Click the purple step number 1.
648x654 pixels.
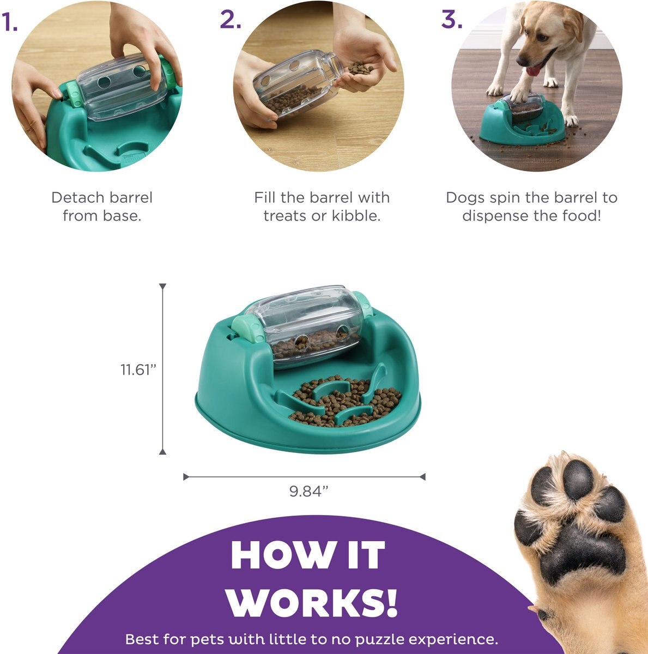(x=9, y=22)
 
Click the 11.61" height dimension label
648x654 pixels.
(x=138, y=370)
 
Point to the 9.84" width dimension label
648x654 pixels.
(x=308, y=491)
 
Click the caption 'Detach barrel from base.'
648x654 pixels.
(x=102, y=207)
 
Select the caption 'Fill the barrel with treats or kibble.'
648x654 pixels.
(x=322, y=207)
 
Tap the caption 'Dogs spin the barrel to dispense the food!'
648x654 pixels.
(x=531, y=207)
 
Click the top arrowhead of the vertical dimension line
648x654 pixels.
(x=162, y=286)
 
